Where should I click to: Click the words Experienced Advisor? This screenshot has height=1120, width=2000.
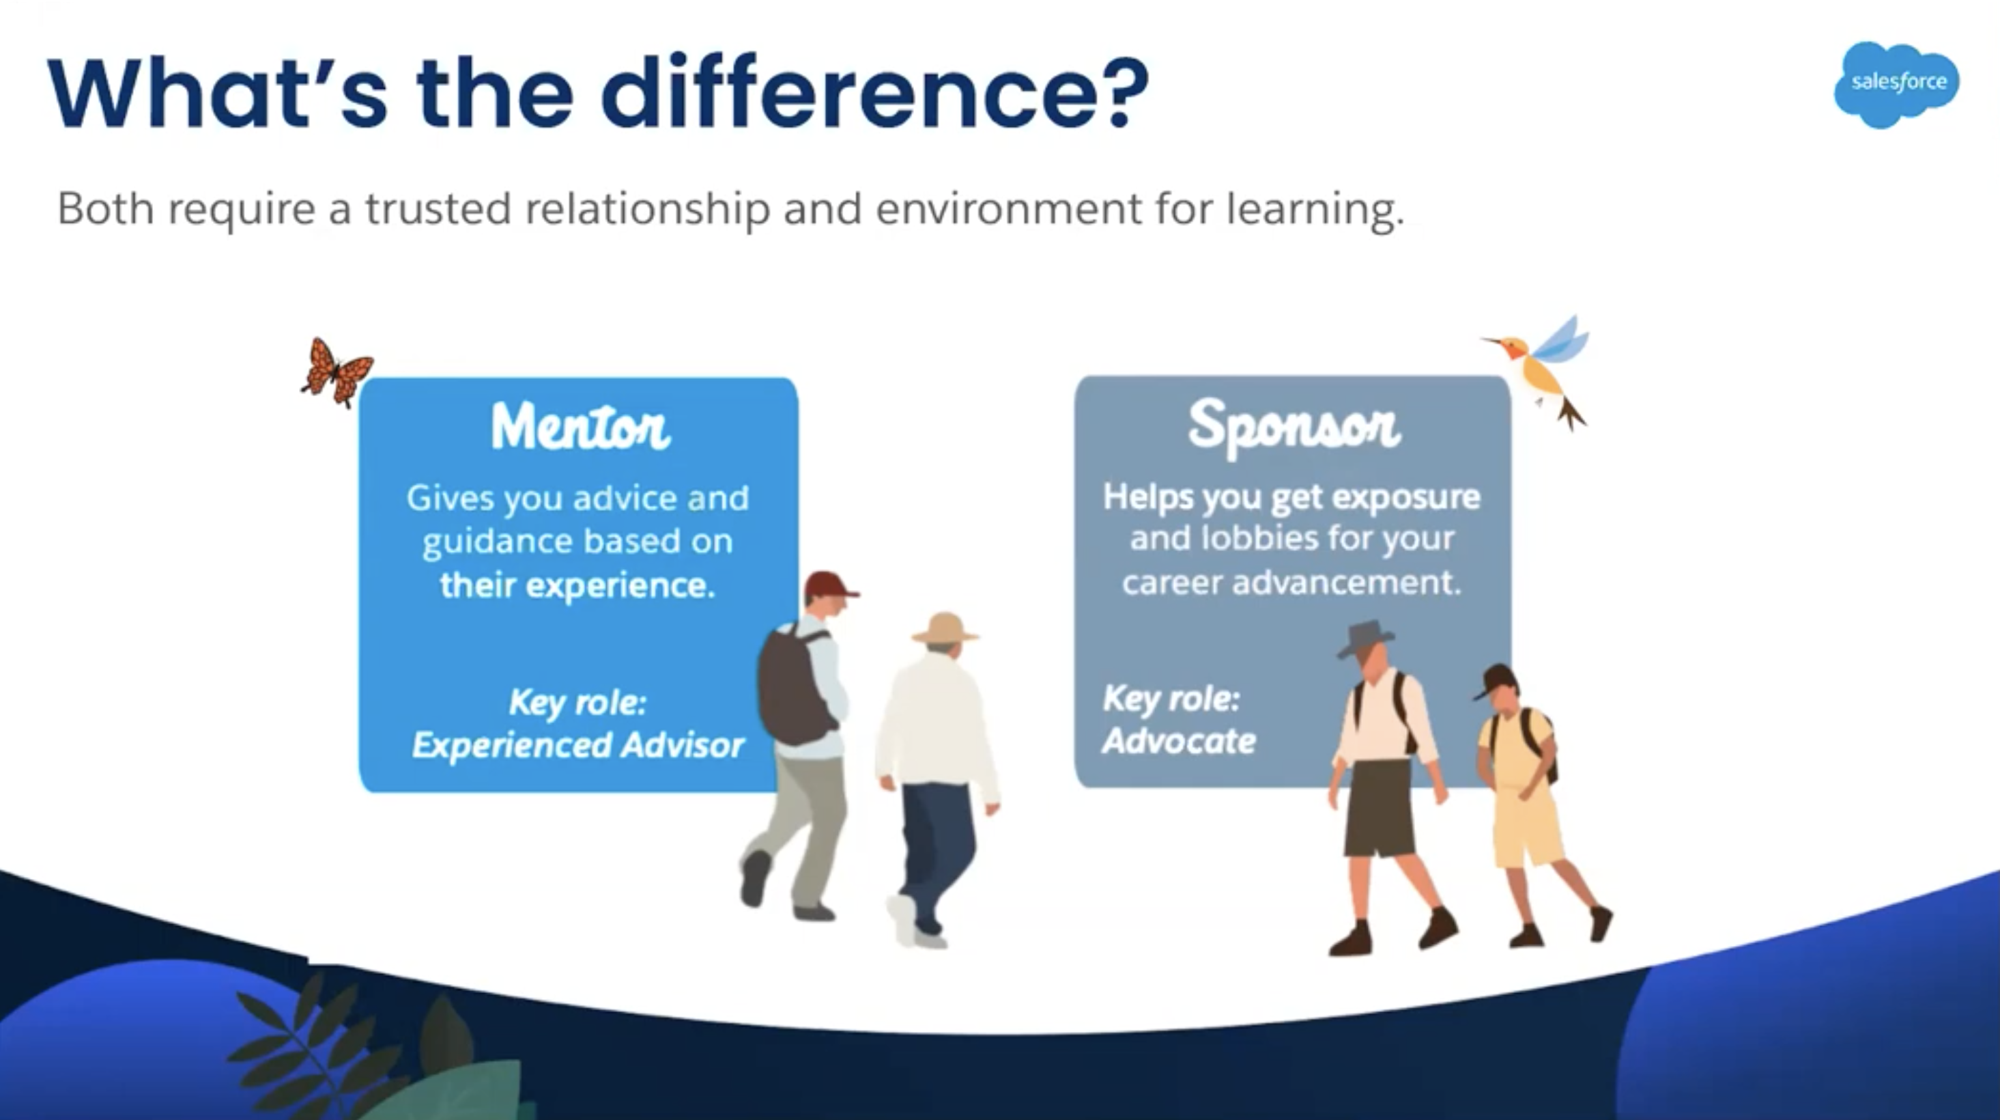pos(578,746)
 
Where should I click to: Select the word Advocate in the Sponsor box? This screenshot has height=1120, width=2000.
pos(1180,741)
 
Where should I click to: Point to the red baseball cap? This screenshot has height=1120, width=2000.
pos(829,585)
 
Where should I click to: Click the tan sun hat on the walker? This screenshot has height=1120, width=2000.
pos(944,628)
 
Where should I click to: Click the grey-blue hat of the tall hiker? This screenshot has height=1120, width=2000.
pos(1366,638)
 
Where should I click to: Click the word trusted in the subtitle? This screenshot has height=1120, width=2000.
pos(438,208)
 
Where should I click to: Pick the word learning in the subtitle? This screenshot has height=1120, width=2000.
pos(1315,210)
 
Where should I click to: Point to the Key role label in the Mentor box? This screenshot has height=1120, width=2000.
pos(578,703)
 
